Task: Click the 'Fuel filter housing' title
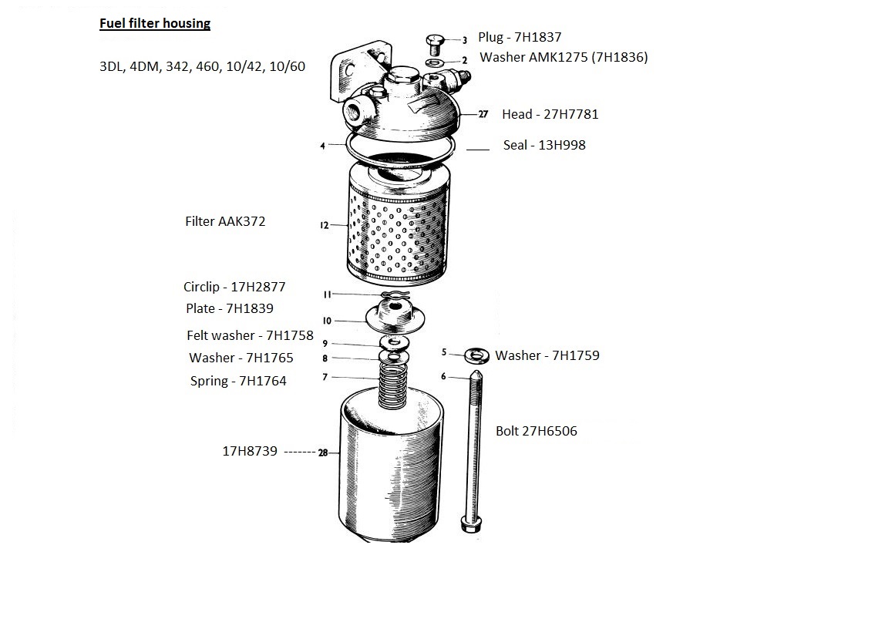tap(155, 23)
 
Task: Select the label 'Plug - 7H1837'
tap(519, 37)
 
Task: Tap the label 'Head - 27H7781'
tap(550, 114)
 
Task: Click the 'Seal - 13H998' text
tap(544, 145)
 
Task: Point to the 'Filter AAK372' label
tap(225, 221)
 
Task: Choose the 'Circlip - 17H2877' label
tap(234, 287)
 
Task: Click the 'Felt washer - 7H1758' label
tap(250, 335)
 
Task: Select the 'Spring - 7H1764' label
tap(238, 381)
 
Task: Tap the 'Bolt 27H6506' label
tap(536, 431)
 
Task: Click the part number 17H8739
tap(250, 452)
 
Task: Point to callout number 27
tap(483, 114)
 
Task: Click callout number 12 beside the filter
tap(324, 226)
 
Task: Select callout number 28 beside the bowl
tap(323, 453)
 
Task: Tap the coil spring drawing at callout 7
tap(395, 383)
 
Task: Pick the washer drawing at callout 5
tap(476, 355)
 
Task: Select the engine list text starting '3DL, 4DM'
tap(202, 66)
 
